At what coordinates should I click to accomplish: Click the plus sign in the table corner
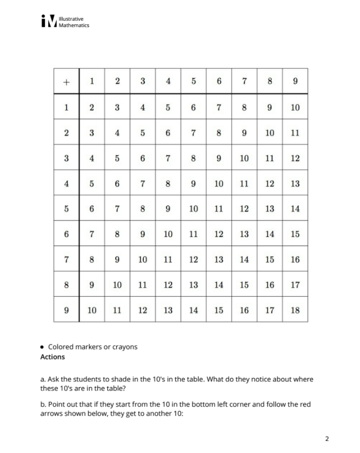[x=66, y=82]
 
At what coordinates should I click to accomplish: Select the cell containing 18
[x=295, y=310]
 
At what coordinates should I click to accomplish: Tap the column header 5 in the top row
[x=193, y=82]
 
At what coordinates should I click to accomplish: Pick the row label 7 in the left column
[x=66, y=259]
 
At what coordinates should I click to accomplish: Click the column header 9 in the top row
[x=295, y=82]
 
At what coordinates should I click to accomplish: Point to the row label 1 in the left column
[x=66, y=107]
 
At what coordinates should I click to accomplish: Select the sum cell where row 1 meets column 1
[x=91, y=107]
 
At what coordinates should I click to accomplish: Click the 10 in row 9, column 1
[x=91, y=310]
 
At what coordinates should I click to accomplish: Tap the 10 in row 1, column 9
[x=295, y=107]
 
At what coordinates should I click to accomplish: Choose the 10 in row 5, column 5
[x=193, y=208]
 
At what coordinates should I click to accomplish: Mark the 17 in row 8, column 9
[x=295, y=285]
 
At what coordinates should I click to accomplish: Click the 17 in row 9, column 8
[x=270, y=310]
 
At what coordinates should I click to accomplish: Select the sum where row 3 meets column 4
[x=168, y=158]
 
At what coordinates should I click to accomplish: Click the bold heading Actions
[x=52, y=357]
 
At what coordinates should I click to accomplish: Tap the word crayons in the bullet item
[x=124, y=347]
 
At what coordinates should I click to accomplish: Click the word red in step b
[x=305, y=404]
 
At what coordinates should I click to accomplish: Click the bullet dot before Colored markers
[x=43, y=347]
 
